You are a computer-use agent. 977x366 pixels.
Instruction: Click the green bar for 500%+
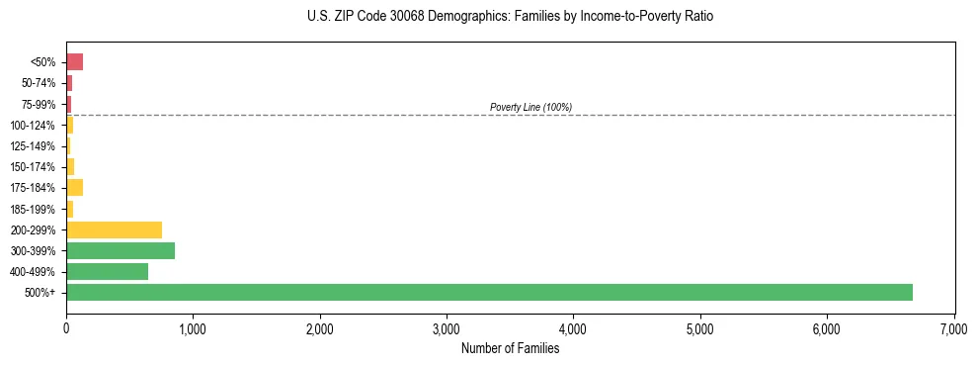coord(489,292)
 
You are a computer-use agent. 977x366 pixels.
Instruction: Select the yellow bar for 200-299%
coord(114,229)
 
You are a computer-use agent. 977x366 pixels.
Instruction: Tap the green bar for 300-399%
coord(121,250)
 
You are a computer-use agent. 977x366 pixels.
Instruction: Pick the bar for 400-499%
coord(107,271)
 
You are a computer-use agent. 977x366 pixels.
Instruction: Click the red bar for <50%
coord(74,62)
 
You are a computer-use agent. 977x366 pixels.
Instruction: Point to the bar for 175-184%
coord(74,187)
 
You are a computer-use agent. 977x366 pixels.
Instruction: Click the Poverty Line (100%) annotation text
coord(530,107)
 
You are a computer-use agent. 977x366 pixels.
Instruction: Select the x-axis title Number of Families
coord(510,348)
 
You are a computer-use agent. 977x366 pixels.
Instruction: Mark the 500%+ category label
coord(41,293)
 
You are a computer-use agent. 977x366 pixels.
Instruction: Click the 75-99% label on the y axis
coord(40,104)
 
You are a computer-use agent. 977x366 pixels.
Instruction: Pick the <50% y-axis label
coord(43,62)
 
